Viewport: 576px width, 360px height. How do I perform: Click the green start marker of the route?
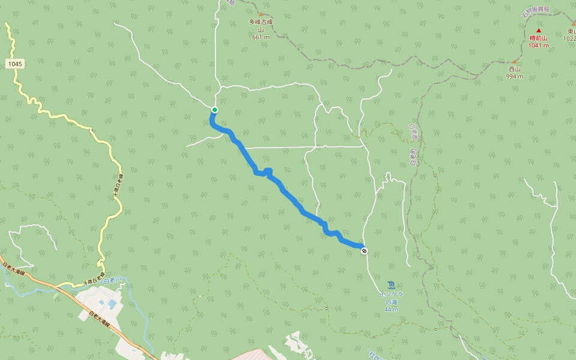[214, 110]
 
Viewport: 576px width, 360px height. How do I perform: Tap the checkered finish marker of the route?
[364, 251]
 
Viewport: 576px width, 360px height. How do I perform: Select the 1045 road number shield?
[16, 64]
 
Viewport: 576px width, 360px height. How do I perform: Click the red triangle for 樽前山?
[539, 31]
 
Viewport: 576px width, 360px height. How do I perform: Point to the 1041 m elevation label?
[539, 46]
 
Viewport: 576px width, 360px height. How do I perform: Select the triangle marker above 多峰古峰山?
[261, 14]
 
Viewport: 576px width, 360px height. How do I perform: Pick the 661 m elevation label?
[261, 37]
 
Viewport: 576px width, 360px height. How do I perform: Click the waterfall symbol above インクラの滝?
[391, 284]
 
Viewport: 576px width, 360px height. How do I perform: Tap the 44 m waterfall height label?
[391, 310]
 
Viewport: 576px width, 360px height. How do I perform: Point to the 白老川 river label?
[112, 280]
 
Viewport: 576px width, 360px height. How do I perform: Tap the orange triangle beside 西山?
[514, 61]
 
